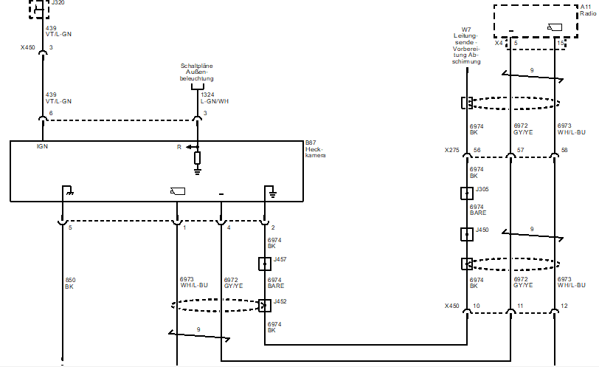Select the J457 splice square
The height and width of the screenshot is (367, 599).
point(265,263)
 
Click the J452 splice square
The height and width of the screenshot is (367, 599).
point(265,305)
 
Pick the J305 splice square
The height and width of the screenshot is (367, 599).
point(466,193)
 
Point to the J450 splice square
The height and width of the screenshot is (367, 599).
point(466,234)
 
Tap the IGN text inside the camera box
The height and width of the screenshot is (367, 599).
point(42,147)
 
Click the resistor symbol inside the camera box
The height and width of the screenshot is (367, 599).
point(197,157)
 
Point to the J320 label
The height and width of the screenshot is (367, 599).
point(57,3)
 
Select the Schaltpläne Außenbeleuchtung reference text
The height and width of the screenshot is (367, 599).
point(196,72)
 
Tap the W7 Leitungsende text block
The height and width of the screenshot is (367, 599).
point(466,46)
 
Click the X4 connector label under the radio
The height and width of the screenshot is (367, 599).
point(499,43)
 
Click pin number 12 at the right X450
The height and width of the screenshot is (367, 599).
point(565,306)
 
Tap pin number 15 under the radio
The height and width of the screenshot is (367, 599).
point(562,43)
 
